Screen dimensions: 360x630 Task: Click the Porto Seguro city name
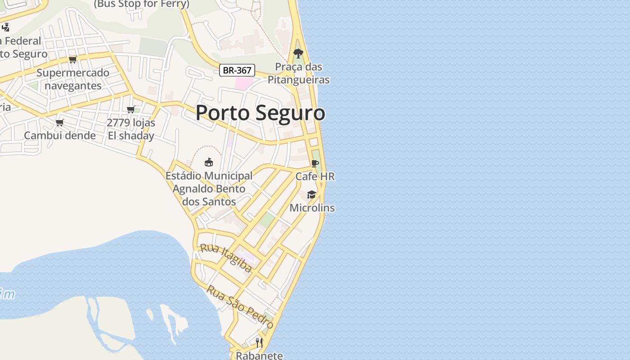coord(260,112)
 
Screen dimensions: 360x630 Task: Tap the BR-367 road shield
coord(237,70)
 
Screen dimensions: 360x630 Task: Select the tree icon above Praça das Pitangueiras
coord(298,54)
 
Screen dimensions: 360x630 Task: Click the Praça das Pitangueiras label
coord(299,73)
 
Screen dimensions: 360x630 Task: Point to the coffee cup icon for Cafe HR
coord(315,163)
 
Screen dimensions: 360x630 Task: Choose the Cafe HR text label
coord(315,176)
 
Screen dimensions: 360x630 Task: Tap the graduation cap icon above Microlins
coord(311,194)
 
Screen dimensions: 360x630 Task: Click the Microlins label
coord(312,208)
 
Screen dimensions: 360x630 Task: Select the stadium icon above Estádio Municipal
coord(209,162)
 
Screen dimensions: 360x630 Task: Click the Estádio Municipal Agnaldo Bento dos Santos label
coord(209,189)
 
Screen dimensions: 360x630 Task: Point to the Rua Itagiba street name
coord(226,258)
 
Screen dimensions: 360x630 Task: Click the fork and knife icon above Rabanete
coord(259,343)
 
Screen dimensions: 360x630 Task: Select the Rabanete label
coord(260,355)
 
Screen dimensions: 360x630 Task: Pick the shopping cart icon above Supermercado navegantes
coord(73,59)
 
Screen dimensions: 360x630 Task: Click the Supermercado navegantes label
coord(73,79)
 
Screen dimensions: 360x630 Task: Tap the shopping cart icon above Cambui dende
coord(60,122)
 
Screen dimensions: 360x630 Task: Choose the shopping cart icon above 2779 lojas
coord(131,109)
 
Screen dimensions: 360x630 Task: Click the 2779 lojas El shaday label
coord(131,129)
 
